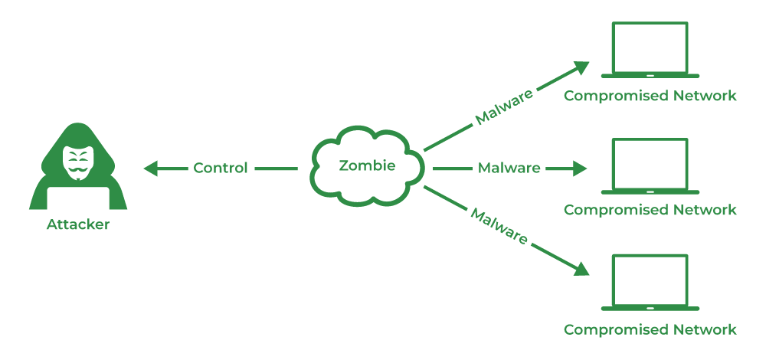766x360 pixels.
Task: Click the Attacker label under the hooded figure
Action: point(78,225)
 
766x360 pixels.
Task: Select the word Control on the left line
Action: point(221,168)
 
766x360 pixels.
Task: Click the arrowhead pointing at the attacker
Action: point(150,168)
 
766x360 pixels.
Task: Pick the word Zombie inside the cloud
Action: point(368,165)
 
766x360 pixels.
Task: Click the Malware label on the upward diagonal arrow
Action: point(503,105)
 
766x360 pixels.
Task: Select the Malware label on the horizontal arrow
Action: point(509,168)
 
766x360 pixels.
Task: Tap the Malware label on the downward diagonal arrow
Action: point(499,226)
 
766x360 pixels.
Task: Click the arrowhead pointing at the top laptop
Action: point(581,67)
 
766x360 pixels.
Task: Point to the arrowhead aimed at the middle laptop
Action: point(579,168)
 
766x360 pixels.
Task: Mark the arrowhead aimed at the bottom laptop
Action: point(581,269)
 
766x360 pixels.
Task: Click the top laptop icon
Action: point(650,50)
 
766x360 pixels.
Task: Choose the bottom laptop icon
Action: point(650,283)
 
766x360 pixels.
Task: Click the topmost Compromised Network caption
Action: point(650,96)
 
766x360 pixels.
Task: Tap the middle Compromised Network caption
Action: point(650,210)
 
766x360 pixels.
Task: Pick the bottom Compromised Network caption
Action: point(650,330)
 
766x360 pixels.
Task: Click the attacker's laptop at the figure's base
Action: point(78,198)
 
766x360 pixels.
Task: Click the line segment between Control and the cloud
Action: point(276,168)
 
